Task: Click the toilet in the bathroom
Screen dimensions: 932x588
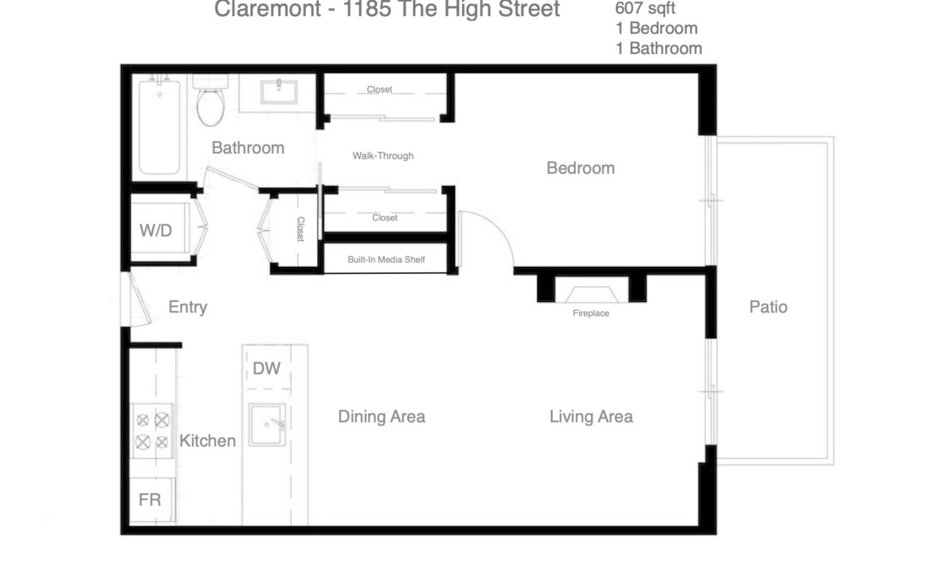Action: point(211,101)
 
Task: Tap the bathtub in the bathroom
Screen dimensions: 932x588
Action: point(159,126)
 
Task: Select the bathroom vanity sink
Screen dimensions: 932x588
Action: point(279,92)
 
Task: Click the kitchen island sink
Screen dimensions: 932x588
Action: point(267,425)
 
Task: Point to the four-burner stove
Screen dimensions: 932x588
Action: point(152,430)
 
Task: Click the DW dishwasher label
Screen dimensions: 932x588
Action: point(266,369)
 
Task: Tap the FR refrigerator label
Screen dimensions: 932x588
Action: point(150,500)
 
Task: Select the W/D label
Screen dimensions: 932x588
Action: point(155,231)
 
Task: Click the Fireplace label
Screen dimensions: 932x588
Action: point(591,313)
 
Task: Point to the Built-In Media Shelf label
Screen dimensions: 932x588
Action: point(386,260)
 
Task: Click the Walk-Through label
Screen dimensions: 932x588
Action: point(383,156)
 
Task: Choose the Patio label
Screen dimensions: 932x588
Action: point(768,307)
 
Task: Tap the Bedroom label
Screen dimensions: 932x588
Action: point(581,168)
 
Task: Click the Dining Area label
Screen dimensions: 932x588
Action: point(382,417)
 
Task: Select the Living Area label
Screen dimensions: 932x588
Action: point(591,417)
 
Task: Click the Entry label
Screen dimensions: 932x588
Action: point(188,308)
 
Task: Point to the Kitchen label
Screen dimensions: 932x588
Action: point(207,441)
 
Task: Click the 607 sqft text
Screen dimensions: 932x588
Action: point(645,8)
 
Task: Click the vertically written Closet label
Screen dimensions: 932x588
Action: point(301,229)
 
